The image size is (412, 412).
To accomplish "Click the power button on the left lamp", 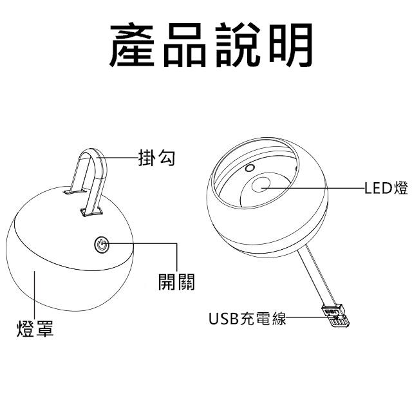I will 101,244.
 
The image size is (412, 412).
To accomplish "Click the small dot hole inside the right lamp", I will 248,169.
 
